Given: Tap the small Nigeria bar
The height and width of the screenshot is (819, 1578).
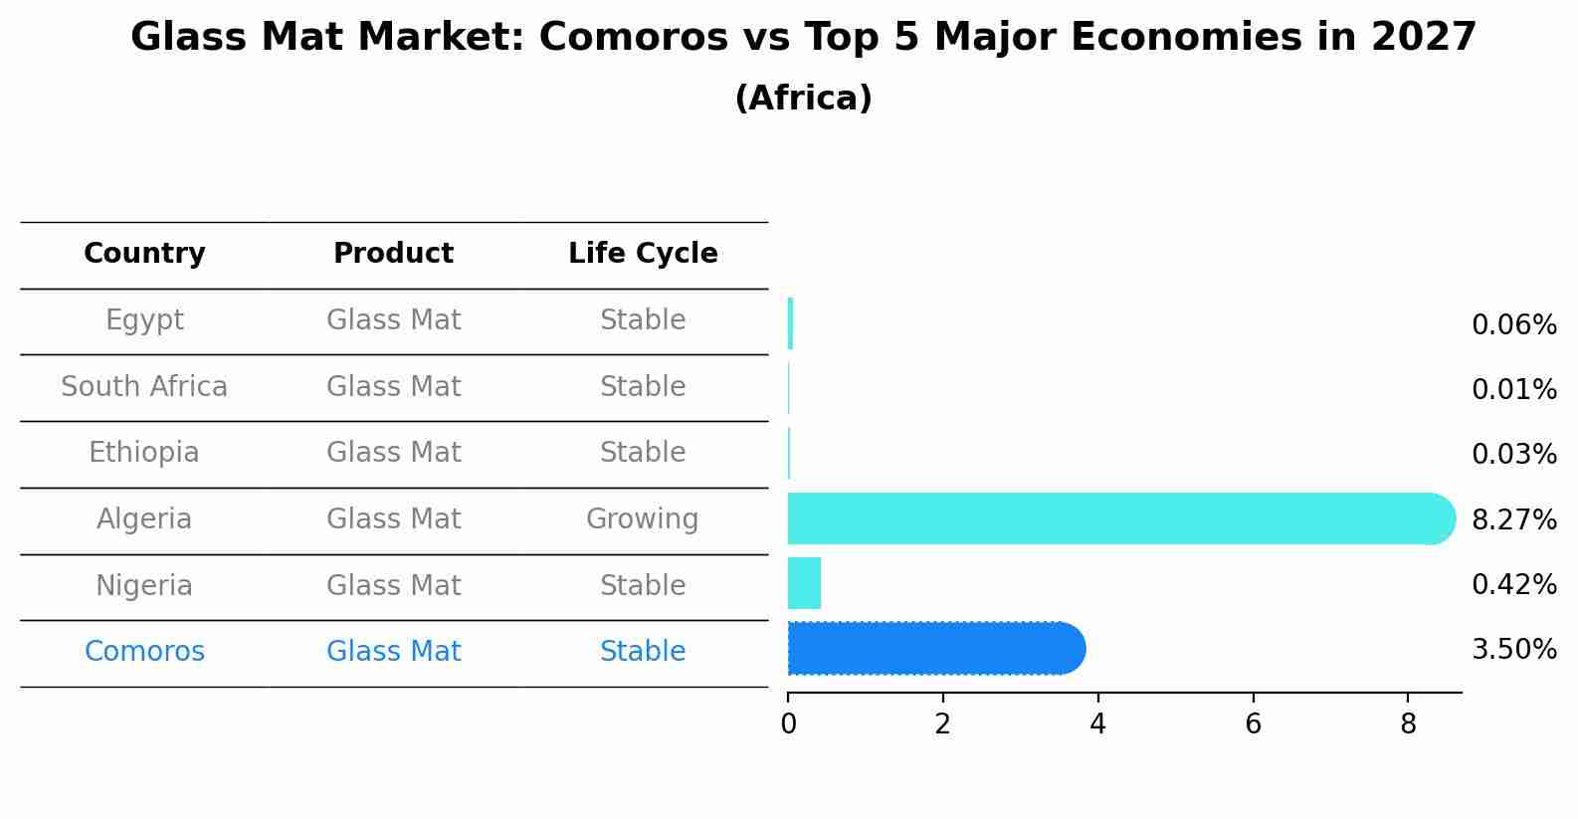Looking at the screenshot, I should click(x=804, y=583).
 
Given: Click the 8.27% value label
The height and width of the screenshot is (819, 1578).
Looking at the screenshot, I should click(x=1513, y=519).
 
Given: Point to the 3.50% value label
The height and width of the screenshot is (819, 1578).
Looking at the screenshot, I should click(x=1513, y=650).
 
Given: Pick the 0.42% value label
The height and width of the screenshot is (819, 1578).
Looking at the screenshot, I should click(x=1513, y=584).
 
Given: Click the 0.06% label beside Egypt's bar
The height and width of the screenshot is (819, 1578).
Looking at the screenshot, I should click(x=1513, y=325).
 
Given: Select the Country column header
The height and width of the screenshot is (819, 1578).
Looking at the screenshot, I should click(x=144, y=254).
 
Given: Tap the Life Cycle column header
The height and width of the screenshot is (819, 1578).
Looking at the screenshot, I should click(x=643, y=254).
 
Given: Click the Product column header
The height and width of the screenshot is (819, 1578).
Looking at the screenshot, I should click(x=393, y=254).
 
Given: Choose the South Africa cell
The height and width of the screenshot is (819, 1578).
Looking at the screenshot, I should click(x=144, y=387).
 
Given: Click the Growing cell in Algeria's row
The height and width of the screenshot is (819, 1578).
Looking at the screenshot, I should click(x=642, y=519).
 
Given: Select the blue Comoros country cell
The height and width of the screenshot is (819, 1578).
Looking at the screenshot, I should click(x=144, y=652).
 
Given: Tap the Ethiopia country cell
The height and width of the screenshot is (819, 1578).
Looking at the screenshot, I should click(x=144, y=453).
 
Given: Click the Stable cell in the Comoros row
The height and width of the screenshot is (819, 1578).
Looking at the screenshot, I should click(x=642, y=652).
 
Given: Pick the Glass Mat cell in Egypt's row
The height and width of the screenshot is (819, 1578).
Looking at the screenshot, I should click(x=393, y=320).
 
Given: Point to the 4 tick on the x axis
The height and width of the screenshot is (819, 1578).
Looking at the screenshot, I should click(x=1097, y=724).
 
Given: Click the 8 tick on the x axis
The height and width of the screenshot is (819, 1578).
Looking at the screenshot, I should click(x=1408, y=724).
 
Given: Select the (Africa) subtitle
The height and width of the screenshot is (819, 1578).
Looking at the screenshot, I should click(x=803, y=99).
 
